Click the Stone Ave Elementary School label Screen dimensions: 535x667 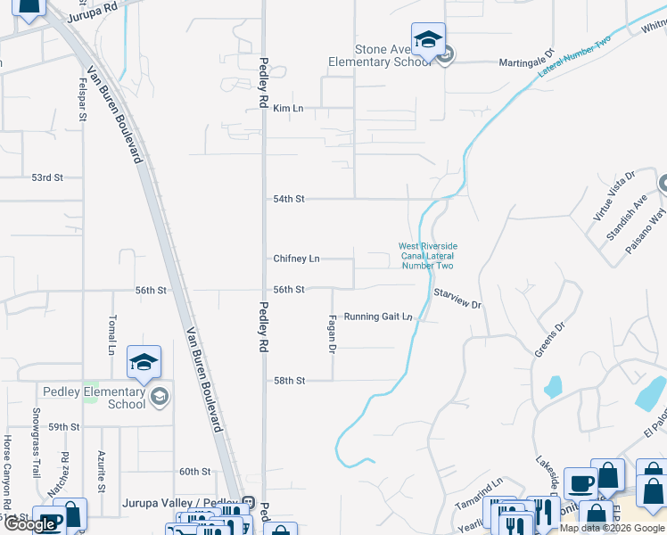[x=379, y=55]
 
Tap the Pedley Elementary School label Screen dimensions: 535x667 [x=94, y=398]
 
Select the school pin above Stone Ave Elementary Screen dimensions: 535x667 [x=428, y=39]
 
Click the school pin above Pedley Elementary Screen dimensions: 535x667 [x=144, y=362]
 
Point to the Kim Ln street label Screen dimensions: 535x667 [x=288, y=108]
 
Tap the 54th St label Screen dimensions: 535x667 [x=288, y=199]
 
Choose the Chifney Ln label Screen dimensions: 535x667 [x=296, y=259]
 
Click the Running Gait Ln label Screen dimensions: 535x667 [x=378, y=317]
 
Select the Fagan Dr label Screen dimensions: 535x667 [x=332, y=333]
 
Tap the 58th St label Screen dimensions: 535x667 [x=289, y=381]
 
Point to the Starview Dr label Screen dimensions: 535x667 [x=457, y=298]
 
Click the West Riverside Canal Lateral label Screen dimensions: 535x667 [x=427, y=256]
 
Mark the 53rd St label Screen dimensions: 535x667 [x=47, y=177]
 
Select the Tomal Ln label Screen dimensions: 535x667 [x=112, y=333]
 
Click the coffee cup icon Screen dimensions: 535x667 [x=581, y=482]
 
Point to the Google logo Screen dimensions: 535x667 [x=30, y=525]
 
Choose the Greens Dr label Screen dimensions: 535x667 [x=549, y=339]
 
